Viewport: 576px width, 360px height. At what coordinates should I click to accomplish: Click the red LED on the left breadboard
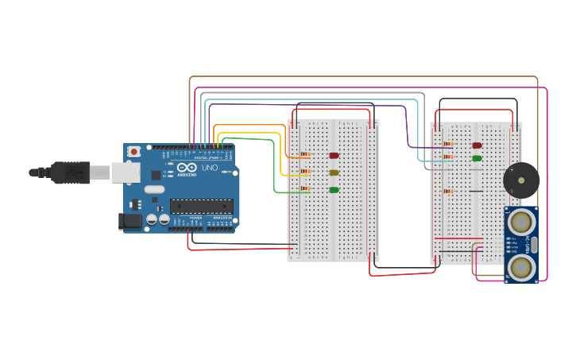pos(334,155)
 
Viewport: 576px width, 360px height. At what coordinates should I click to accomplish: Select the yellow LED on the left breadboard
pos(334,172)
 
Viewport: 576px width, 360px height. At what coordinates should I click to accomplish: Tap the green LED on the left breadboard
pos(334,190)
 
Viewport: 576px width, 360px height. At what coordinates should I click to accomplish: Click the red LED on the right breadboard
pos(477,145)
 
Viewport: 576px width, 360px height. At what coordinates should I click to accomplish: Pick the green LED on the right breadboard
pos(477,158)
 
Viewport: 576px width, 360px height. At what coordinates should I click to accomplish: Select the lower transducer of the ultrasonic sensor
pos(521,267)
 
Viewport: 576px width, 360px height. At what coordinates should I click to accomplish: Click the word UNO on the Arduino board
pos(210,168)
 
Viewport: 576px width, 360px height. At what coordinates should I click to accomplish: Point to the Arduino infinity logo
pos(187,168)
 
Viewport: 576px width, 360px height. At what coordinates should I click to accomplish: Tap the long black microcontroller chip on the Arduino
pos(201,206)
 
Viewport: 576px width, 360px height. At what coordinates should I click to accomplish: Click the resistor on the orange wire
pos(305,154)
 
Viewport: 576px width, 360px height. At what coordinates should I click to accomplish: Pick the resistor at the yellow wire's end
pos(305,172)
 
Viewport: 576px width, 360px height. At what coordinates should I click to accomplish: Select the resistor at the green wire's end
pos(305,189)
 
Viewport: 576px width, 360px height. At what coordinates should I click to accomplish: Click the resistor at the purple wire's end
pos(448,145)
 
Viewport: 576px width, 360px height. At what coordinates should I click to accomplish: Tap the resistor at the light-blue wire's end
pos(448,157)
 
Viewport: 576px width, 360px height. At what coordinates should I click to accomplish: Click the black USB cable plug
pos(72,171)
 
